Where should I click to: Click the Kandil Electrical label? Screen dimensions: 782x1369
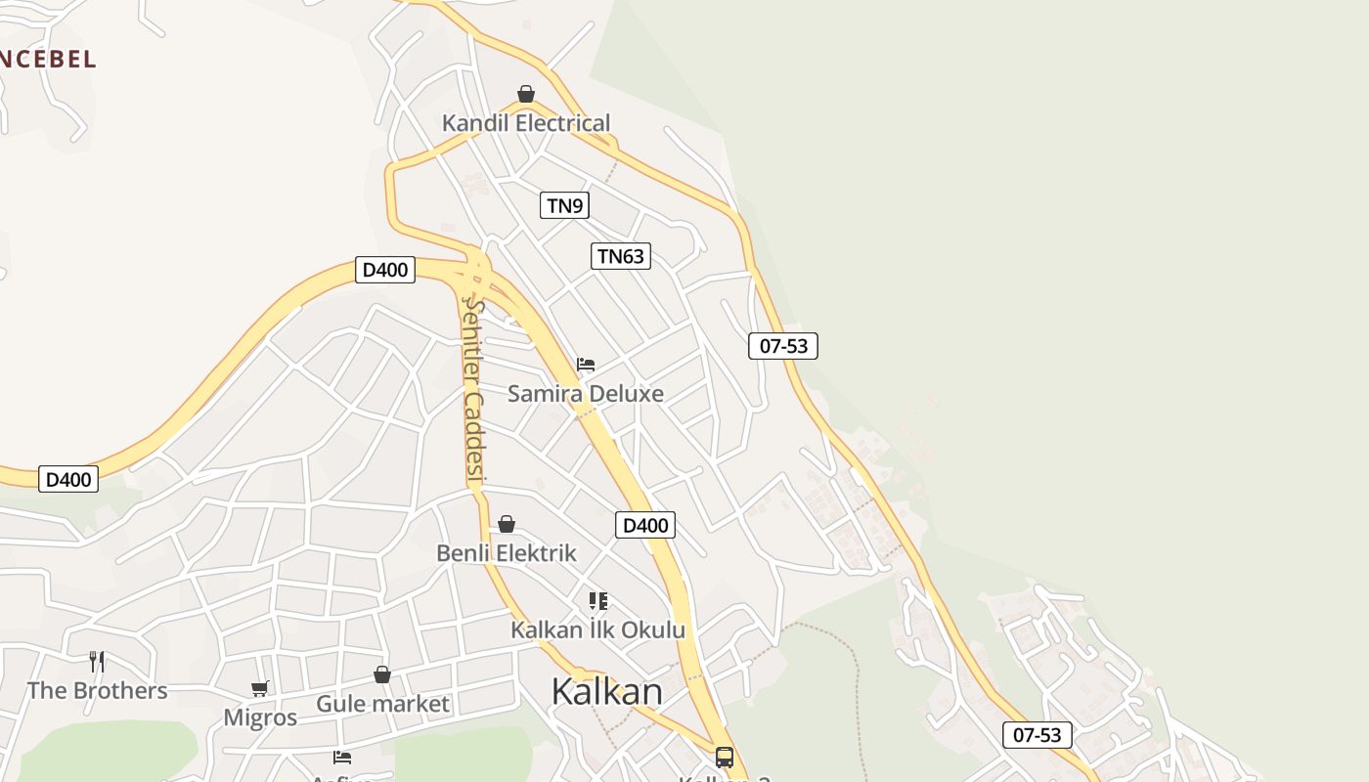(526, 123)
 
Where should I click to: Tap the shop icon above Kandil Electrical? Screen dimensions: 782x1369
(526, 94)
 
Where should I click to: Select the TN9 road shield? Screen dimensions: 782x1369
(564, 205)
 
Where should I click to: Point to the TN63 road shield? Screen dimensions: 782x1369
(621, 256)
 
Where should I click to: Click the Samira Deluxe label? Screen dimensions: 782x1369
(585, 394)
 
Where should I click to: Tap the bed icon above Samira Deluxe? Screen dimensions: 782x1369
(586, 365)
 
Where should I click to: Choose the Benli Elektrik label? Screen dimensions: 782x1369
(507, 553)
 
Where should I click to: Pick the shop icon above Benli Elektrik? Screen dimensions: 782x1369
(507, 525)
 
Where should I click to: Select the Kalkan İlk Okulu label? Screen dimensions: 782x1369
(597, 630)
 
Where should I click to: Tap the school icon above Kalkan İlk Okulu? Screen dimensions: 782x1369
(597, 600)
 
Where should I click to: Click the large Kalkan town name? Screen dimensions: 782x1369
(606, 691)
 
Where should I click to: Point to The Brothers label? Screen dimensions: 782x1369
(97, 690)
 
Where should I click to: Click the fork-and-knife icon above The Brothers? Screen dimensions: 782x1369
(97, 662)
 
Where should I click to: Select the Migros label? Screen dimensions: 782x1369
(260, 717)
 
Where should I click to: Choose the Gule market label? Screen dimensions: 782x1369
(382, 704)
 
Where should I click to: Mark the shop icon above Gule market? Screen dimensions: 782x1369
(382, 674)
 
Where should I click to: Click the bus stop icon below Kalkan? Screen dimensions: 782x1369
(724, 757)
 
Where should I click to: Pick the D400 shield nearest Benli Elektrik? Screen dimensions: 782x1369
(645, 525)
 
